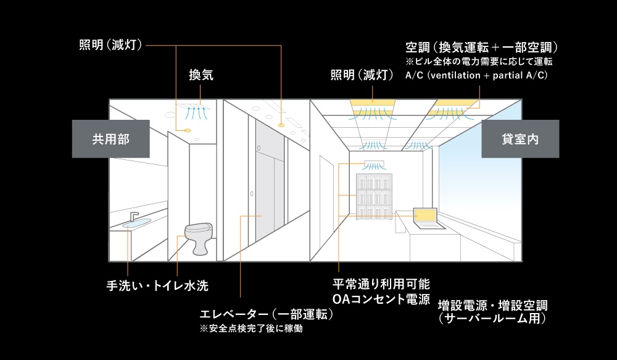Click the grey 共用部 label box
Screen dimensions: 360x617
coord(111,138)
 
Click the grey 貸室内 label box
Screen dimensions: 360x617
coord(520,138)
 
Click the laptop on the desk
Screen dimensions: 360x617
coord(424,218)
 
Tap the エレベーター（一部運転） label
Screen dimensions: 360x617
coord(267,314)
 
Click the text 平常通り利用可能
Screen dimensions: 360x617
coord(381,285)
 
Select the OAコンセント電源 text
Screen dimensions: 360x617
coord(381,299)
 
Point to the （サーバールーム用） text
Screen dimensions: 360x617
coord(492,319)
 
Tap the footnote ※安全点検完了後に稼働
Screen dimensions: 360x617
coord(252,329)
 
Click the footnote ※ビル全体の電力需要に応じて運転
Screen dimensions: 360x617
coord(479,62)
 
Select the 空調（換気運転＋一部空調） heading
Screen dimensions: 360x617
coord(482,48)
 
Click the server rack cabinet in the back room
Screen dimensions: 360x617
coord(374,195)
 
